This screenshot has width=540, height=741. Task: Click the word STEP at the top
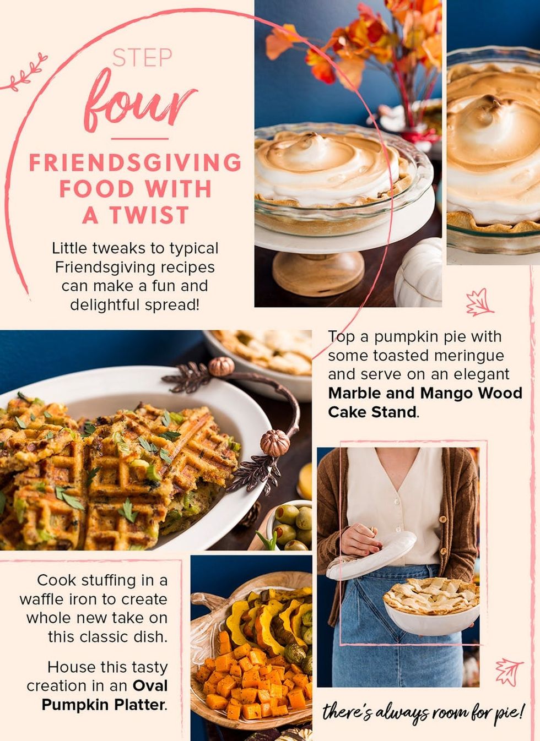point(142,58)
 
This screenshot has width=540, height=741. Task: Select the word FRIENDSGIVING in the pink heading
point(135,162)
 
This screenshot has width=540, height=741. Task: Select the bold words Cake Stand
point(372,412)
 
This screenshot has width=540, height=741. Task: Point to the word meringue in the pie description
point(472,356)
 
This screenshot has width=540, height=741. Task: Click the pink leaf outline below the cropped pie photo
point(479,302)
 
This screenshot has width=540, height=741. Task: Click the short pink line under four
point(140,139)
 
